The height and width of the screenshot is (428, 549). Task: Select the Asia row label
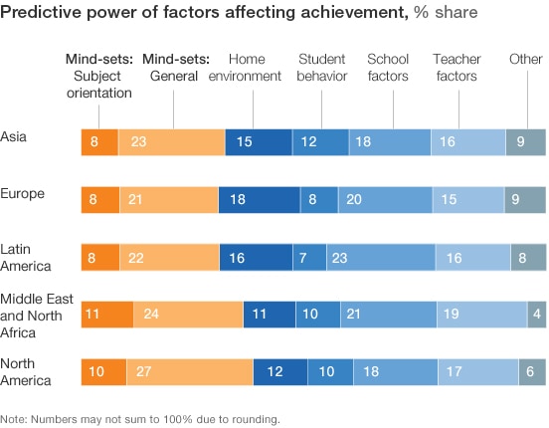tap(14, 135)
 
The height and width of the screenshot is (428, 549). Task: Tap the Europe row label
tap(22, 193)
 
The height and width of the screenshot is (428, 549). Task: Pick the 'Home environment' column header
tap(254, 68)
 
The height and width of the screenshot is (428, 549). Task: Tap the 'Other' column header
tap(527, 60)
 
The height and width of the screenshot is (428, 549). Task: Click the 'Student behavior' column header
tap(322, 68)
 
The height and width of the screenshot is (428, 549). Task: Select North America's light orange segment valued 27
tap(189, 372)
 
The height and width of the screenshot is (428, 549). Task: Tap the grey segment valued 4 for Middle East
tap(536, 316)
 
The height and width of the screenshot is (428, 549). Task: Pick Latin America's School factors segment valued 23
tap(380, 258)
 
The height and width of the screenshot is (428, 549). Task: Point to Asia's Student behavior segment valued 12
tap(319, 143)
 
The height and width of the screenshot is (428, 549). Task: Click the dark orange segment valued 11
tap(106, 316)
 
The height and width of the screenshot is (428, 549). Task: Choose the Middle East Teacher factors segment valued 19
tap(481, 316)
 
